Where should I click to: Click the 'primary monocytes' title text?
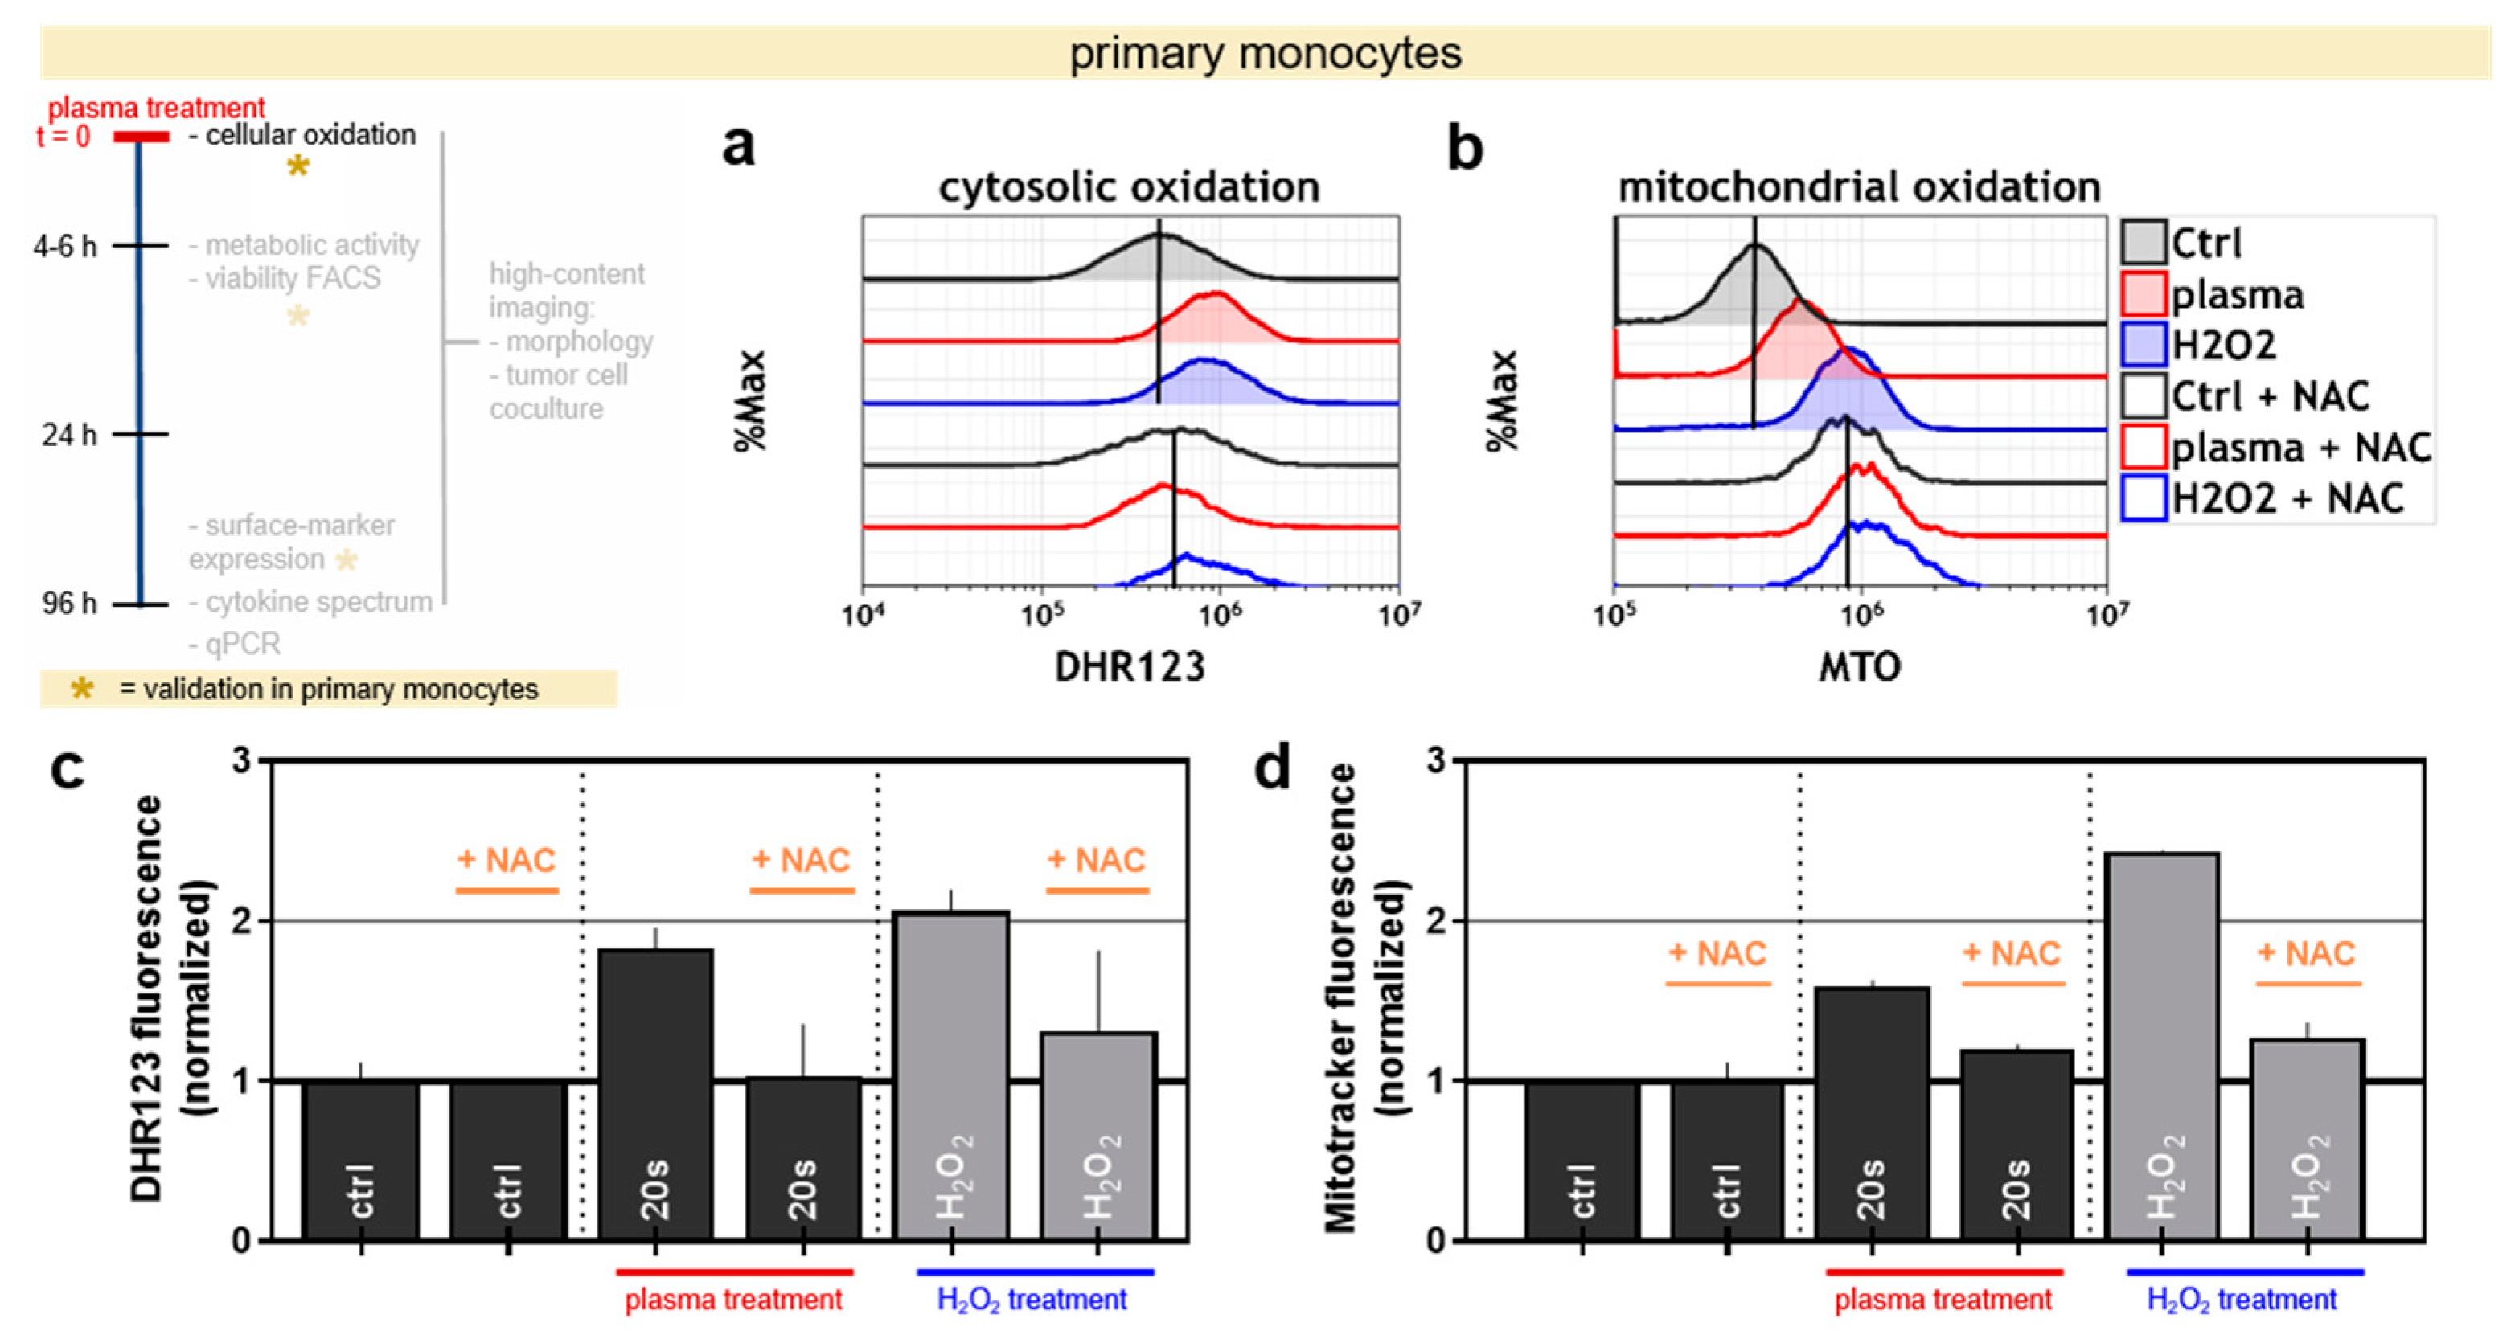click(x=1266, y=53)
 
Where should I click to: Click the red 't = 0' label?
click(x=64, y=136)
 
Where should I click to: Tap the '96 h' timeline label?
click(x=68, y=603)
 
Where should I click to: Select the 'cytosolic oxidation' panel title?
click(x=1129, y=186)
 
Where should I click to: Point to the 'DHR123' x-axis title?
click(x=1130, y=666)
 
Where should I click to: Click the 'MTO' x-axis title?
click(x=1859, y=666)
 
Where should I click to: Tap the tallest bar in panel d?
click(x=2163, y=1044)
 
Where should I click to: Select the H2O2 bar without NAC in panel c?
click(x=952, y=1074)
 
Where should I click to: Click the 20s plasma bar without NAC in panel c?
click(x=656, y=1093)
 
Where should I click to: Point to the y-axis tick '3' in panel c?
click(x=241, y=760)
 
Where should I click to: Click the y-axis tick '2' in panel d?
click(x=1434, y=920)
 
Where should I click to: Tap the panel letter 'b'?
click(x=1464, y=149)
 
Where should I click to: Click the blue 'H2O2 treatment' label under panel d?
click(x=2242, y=1300)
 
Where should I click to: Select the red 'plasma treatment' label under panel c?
click(x=733, y=1300)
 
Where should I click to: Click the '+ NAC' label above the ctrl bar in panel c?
click(x=507, y=860)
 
